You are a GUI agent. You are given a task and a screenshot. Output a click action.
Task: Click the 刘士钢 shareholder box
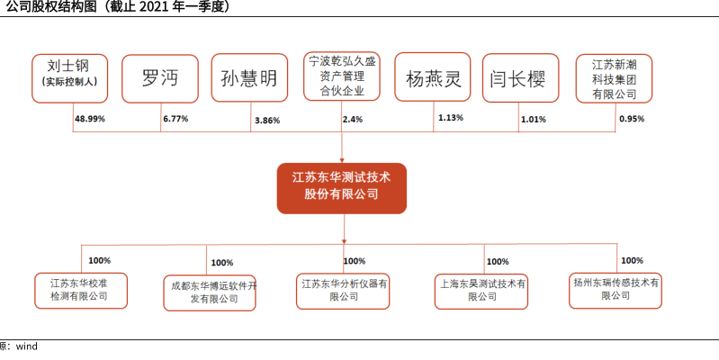(x=69, y=78)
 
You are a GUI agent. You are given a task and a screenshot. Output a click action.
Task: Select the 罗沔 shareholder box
(x=160, y=78)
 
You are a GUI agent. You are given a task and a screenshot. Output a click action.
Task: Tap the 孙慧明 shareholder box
(x=249, y=78)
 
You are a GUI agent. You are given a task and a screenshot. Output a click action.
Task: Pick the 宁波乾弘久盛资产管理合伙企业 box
(x=342, y=76)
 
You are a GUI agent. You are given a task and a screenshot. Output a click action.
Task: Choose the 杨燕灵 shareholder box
(x=433, y=76)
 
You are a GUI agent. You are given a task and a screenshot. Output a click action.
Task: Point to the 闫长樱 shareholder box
(x=520, y=78)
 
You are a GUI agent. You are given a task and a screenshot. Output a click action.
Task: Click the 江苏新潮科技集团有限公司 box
(x=614, y=78)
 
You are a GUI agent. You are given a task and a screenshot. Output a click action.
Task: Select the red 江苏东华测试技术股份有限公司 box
(x=342, y=188)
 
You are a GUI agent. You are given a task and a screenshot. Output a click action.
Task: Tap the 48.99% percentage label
(x=89, y=119)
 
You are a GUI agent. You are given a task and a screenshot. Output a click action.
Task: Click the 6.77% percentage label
(x=175, y=119)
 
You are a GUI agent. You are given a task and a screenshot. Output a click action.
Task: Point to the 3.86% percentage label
(x=267, y=121)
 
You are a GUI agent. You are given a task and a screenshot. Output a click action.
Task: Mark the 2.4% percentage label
(x=352, y=119)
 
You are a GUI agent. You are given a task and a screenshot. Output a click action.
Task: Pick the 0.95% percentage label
(x=632, y=119)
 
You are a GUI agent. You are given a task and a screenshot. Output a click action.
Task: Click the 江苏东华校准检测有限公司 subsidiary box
(x=81, y=291)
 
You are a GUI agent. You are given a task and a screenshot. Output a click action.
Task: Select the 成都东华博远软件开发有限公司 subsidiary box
(x=210, y=293)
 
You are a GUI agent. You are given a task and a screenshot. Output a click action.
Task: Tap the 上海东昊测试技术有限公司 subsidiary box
(x=481, y=292)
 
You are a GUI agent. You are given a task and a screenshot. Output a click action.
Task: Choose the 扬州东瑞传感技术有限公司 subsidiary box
(x=616, y=291)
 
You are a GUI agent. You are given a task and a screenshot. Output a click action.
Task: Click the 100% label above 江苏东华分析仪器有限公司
(x=355, y=261)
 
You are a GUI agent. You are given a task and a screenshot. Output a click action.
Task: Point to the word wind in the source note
(x=27, y=346)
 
